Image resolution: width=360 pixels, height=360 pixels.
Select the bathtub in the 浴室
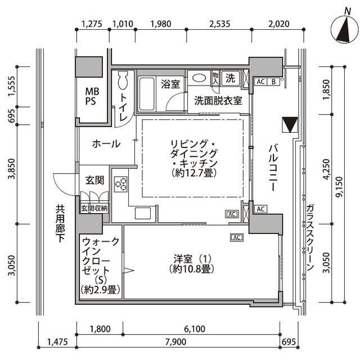(x=146, y=94)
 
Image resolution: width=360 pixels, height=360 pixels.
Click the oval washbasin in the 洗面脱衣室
(x=199, y=78)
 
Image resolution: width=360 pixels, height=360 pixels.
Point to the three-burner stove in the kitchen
(x=121, y=184)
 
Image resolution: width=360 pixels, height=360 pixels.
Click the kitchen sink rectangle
(x=143, y=213)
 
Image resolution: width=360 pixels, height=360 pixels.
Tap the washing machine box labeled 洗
(x=230, y=78)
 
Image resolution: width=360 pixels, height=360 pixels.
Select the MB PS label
(x=92, y=96)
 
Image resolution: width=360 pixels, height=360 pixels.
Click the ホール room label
(x=106, y=144)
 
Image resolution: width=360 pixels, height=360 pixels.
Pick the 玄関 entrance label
(x=94, y=180)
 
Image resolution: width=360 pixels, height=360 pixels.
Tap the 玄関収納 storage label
(x=94, y=209)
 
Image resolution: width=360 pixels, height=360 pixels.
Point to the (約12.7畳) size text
(x=194, y=173)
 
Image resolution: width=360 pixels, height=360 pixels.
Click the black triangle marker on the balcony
(x=290, y=125)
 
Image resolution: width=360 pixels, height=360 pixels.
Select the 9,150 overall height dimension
(x=339, y=187)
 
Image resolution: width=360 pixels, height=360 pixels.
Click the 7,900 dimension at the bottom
(x=175, y=341)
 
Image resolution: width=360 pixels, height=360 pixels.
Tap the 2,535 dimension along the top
(x=219, y=24)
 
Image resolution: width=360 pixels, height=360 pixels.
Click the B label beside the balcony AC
(x=273, y=82)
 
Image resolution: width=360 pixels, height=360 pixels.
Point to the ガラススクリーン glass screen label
(x=310, y=237)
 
